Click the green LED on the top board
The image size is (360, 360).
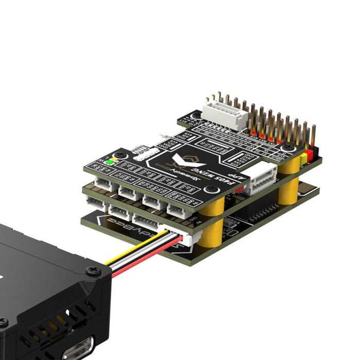click(x=109, y=161)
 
